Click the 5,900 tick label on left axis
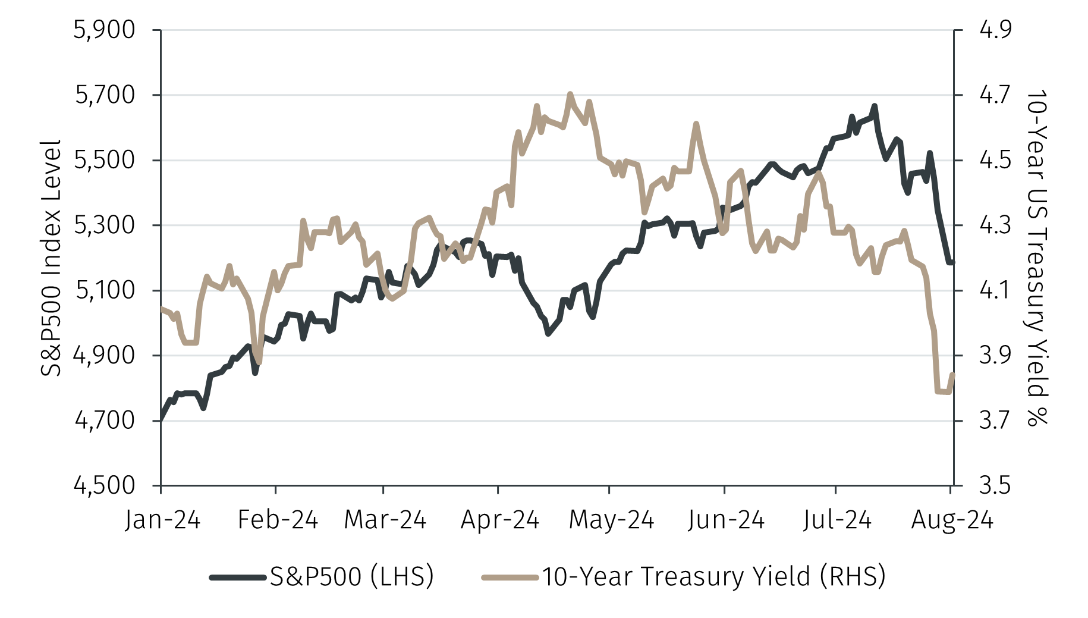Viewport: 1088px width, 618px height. point(104,30)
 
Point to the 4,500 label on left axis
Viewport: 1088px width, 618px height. point(104,485)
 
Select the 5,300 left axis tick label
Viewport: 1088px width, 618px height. point(104,225)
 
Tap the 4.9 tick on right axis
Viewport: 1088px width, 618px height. point(995,30)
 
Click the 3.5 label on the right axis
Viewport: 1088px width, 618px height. point(995,485)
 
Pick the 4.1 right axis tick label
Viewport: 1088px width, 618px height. point(995,290)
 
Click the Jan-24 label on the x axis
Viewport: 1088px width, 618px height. point(162,520)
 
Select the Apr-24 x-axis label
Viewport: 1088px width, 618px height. point(499,520)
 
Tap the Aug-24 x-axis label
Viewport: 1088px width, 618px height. point(952,520)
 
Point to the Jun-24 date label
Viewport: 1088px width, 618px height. point(725,520)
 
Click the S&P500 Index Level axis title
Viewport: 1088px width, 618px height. point(51,258)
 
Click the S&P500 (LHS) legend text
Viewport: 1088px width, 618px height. point(351,576)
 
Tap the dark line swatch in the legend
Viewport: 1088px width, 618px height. point(237,577)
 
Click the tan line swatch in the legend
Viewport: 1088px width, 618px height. point(510,577)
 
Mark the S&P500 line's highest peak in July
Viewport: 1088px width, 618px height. point(874,106)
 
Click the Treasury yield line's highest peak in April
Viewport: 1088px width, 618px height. point(570,94)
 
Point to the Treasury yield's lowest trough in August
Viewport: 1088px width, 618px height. point(942,392)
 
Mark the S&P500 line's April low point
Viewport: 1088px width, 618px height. point(548,334)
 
